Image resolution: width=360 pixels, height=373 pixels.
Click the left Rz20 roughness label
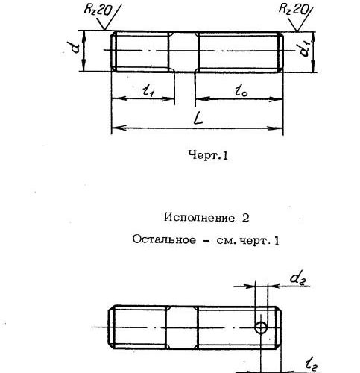[98, 10]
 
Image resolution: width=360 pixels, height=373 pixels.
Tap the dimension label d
[75, 48]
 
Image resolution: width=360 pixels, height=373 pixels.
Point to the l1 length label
[148, 90]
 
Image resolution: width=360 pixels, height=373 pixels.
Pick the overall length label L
[199, 118]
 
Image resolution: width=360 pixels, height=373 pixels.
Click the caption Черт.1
[208, 155]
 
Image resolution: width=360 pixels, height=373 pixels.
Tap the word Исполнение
[199, 218]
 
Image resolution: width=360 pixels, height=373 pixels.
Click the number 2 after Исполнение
[245, 218]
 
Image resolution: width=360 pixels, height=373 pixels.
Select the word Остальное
[164, 239]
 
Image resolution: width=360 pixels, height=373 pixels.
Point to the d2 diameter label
[298, 278]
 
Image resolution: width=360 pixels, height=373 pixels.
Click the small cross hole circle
[261, 327]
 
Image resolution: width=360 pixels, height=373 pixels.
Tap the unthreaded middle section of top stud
[184, 51]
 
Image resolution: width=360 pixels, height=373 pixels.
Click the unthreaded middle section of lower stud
[182, 327]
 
